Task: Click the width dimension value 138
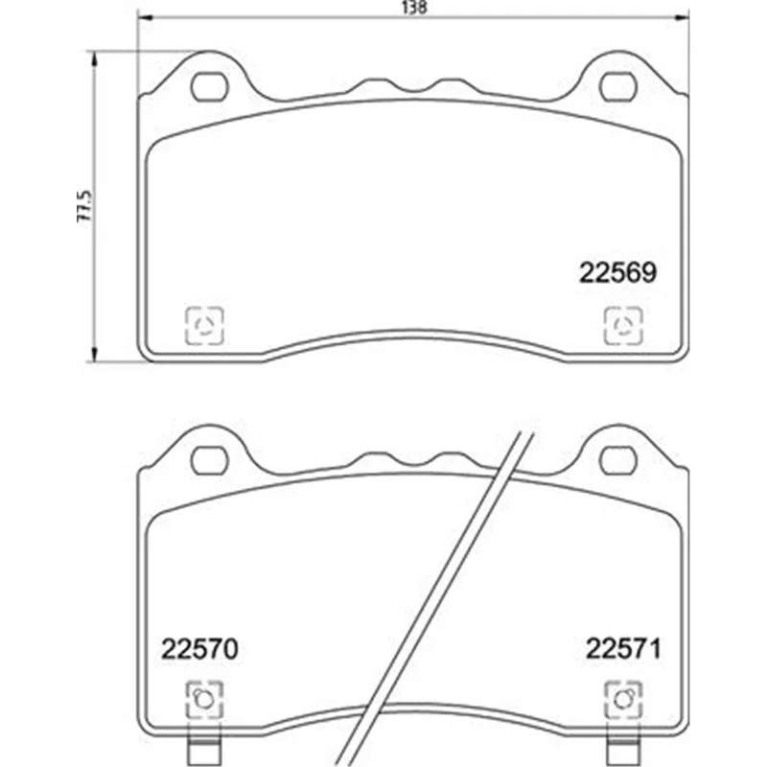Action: [414, 8]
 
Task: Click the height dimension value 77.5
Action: [83, 206]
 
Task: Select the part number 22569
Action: [617, 273]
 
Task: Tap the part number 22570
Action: [199, 649]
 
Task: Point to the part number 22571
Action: [623, 649]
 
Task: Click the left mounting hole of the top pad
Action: [209, 87]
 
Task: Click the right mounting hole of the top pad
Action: [618, 87]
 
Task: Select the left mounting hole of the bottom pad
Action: [209, 460]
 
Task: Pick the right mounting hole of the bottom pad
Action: [618, 460]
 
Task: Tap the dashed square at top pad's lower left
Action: [204, 325]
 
